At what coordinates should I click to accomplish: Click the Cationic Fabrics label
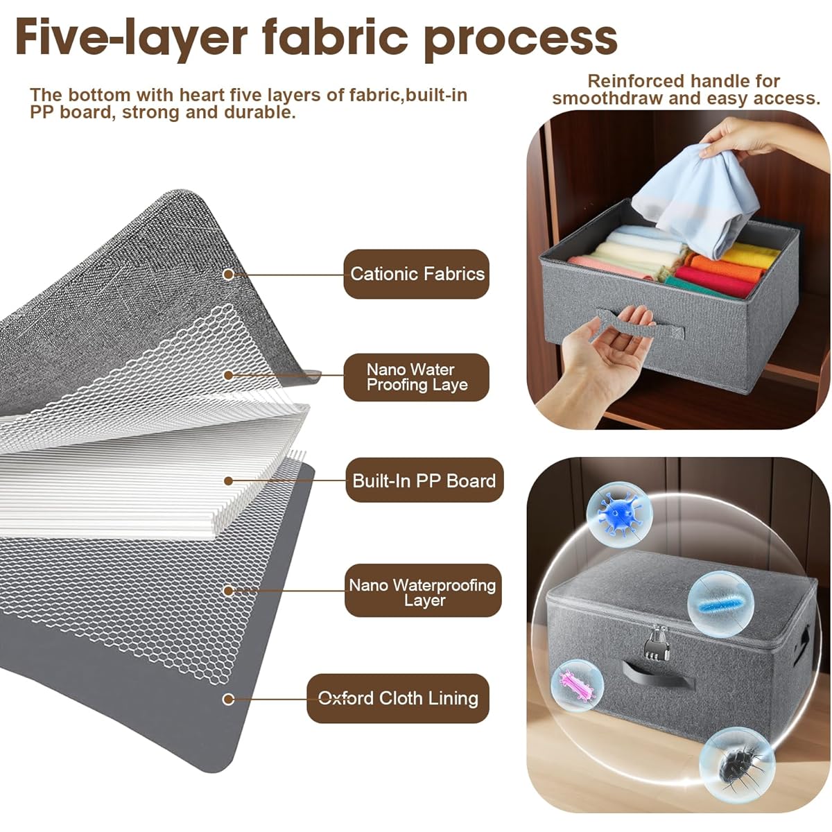[416, 274]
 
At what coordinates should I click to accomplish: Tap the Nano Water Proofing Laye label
[416, 377]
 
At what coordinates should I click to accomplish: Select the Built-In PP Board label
[424, 480]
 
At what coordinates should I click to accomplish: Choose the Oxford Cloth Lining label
[398, 698]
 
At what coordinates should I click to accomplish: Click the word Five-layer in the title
[131, 38]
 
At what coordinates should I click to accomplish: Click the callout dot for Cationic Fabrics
[228, 274]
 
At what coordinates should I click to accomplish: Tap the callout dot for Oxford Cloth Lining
[228, 699]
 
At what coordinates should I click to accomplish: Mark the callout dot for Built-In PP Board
[228, 481]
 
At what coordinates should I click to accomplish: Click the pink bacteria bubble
[578, 686]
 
